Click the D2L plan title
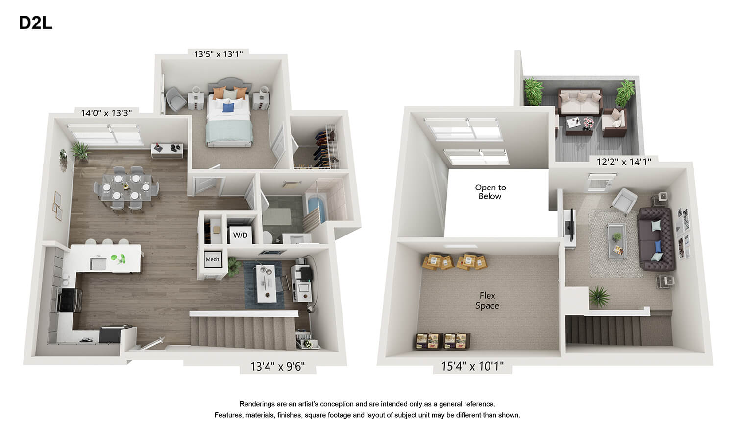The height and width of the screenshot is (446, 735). click(35, 23)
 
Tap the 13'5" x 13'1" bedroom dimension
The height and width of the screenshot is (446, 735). click(218, 54)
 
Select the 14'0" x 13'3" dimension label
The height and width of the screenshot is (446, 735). click(106, 113)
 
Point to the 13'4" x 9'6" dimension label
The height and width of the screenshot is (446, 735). click(278, 366)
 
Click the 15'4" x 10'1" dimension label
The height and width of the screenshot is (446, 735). click(472, 366)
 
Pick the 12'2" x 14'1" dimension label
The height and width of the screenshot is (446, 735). click(623, 162)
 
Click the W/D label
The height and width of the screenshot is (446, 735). click(240, 235)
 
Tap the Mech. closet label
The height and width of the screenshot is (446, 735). click(213, 259)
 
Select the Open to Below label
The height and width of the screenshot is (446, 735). click(490, 192)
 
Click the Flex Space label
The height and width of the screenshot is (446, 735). click(487, 301)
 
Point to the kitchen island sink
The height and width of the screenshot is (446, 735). click(98, 263)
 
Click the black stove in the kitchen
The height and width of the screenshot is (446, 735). click(70, 301)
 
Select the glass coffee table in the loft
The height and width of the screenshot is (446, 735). click(616, 241)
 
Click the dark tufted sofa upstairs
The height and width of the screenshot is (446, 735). click(656, 239)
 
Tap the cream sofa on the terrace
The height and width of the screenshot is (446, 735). click(580, 101)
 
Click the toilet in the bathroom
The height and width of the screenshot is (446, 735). click(268, 237)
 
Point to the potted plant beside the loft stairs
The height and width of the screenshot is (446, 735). click(599, 297)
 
